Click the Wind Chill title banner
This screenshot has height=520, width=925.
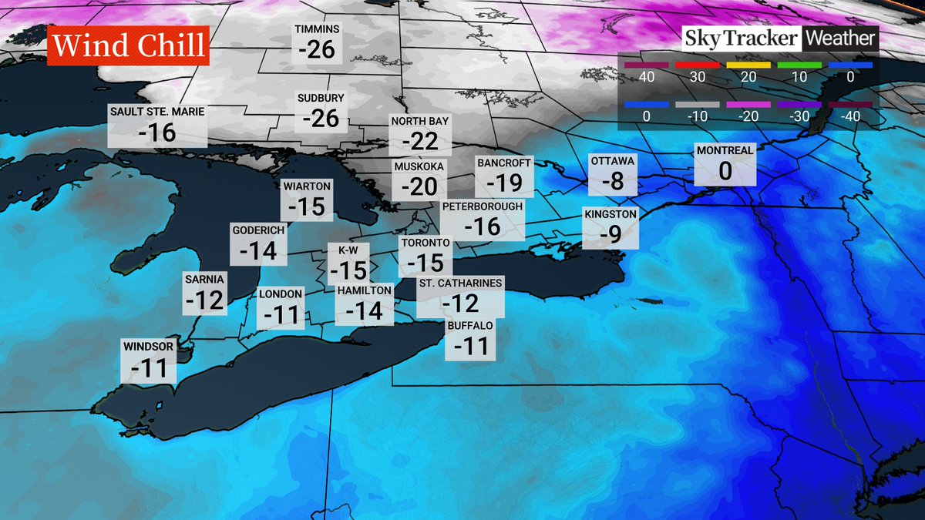128,45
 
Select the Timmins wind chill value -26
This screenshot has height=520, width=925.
317,50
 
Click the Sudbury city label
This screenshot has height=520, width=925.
321,99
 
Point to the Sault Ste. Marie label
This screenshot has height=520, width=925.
156,112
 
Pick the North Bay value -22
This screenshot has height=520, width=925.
419,141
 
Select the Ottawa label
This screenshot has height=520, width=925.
613,161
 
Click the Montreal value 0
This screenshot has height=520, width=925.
725,171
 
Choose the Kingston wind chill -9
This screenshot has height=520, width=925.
610,234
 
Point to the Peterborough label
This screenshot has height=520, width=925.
483,206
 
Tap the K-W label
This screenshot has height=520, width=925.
348,249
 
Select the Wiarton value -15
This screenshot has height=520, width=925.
307,206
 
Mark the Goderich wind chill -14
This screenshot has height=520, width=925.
257,250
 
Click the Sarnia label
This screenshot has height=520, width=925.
204,279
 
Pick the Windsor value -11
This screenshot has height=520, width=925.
149,369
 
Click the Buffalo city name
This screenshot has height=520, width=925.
470,325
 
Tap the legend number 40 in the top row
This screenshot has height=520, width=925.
646,78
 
